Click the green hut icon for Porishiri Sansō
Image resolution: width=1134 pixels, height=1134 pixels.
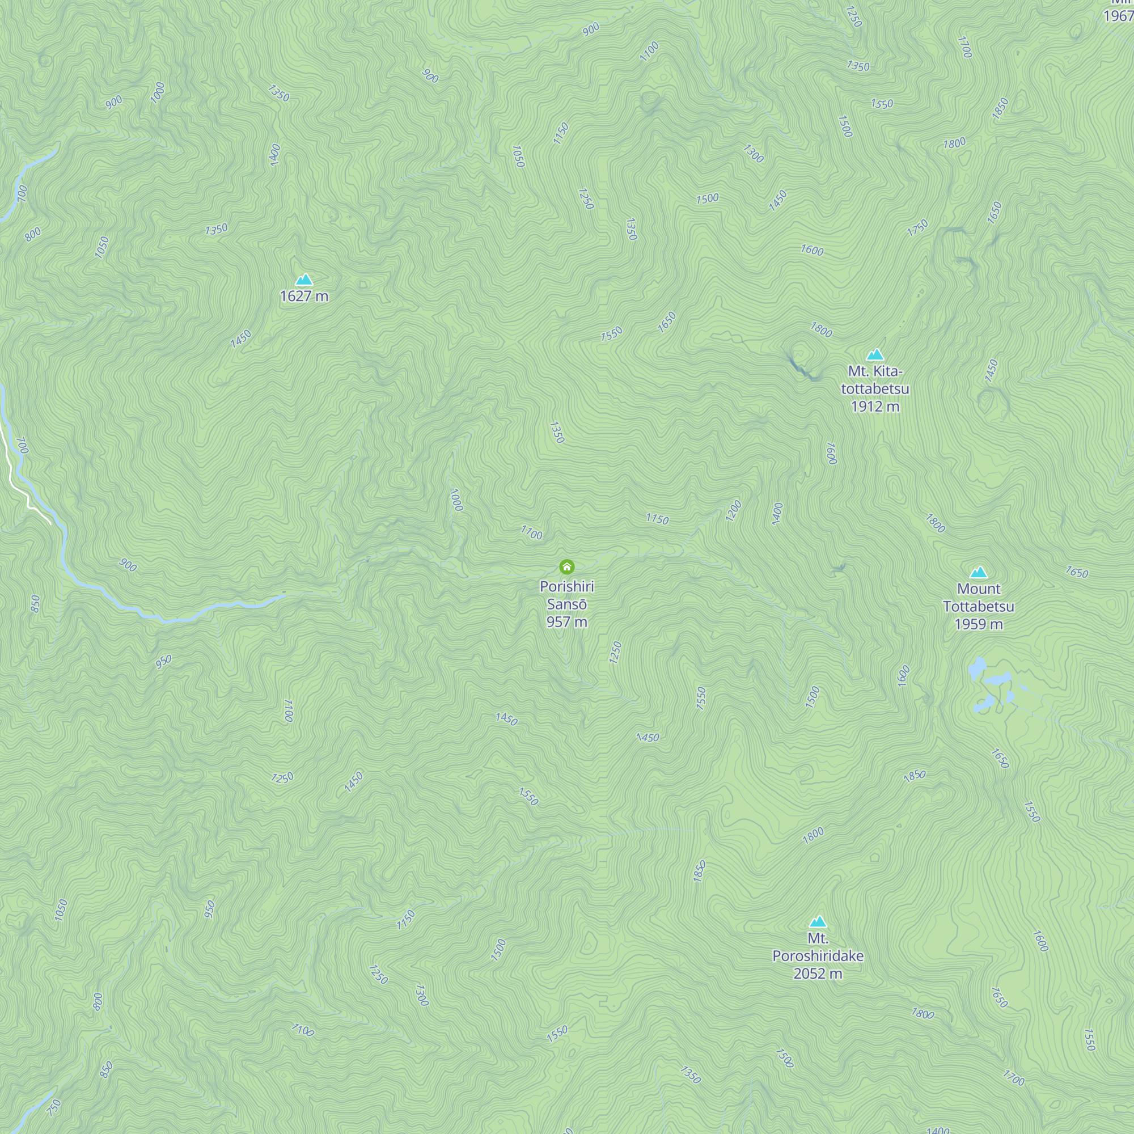coord(566,566)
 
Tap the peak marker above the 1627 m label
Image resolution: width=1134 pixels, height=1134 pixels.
coord(304,280)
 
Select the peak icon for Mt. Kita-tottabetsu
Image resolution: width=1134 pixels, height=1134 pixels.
coord(875,354)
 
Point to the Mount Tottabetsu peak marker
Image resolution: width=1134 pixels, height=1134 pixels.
coord(979,572)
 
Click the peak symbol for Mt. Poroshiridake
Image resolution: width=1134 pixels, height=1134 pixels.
coord(818,921)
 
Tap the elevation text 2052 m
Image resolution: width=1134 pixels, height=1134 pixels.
coord(818,974)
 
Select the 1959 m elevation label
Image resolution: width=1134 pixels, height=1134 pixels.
coord(979,624)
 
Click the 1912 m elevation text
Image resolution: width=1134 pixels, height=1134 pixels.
coord(875,406)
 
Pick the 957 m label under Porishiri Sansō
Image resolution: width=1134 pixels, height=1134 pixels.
coord(566,621)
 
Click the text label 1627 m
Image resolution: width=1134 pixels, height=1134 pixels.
coord(304,296)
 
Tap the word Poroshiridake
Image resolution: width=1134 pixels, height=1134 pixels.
coord(818,956)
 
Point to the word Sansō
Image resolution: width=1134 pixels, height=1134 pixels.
coord(566,604)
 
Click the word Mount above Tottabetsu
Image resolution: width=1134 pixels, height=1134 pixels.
coord(979,589)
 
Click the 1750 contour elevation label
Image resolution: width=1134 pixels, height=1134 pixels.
coord(917,227)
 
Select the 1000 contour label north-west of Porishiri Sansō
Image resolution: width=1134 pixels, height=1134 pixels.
coord(456,500)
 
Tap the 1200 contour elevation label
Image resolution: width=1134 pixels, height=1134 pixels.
coord(733,511)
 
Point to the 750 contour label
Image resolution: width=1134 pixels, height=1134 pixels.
coord(53,1107)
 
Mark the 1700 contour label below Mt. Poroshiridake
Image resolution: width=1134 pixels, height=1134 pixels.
coord(1014,1078)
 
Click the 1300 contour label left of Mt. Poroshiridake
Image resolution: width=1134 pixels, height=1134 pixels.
coord(421,996)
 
